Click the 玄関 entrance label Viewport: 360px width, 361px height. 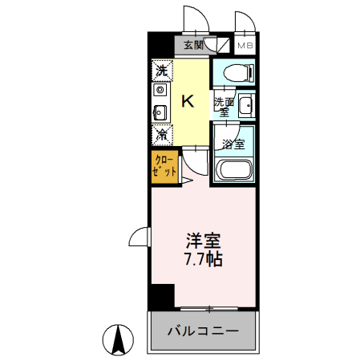[193, 45]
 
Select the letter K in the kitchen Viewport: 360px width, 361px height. [188, 101]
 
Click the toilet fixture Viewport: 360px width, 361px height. [238, 72]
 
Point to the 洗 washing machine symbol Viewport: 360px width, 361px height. [161, 71]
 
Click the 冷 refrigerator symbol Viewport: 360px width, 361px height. [161, 132]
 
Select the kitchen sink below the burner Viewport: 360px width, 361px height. [160, 111]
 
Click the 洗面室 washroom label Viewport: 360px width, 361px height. [223, 107]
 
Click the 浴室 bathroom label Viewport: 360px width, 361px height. [233, 145]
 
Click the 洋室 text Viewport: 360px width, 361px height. [203, 240]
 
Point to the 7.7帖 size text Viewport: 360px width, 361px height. [203, 259]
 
